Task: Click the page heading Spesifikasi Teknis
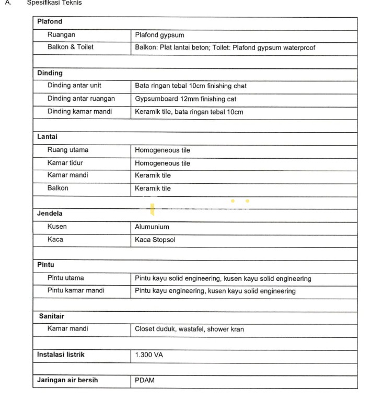54,3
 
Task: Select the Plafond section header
50,22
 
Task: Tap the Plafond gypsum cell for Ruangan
159,36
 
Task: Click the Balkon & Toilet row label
71,47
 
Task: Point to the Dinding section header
50,73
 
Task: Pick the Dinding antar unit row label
74,86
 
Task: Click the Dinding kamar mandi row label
79,112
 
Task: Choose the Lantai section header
48,137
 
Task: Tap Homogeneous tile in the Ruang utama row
163,150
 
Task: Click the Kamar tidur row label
65,163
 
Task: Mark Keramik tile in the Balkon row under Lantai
153,188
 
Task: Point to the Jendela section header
50,214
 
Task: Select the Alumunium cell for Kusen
152,227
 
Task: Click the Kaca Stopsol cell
155,240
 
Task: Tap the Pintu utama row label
65,278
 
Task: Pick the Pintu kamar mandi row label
76,291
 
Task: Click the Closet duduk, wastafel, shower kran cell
189,329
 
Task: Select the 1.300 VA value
149,355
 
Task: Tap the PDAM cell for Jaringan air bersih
145,381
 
